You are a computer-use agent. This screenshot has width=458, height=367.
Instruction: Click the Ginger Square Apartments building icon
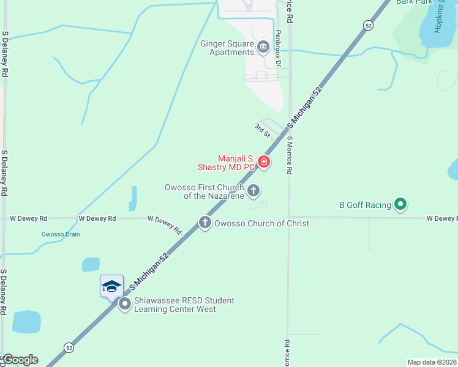[x=263, y=47]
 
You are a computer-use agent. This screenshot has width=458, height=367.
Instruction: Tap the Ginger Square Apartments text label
[x=227, y=48]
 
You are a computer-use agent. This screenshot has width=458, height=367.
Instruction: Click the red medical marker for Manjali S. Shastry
[x=264, y=162]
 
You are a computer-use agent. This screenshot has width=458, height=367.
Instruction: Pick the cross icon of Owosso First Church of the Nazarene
[x=253, y=191]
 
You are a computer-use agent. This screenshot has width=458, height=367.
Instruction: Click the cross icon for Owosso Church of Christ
[x=205, y=223]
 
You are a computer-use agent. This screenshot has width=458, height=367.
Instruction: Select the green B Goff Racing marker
[x=400, y=205]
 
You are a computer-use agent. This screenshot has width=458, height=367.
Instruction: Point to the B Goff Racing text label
[x=365, y=205]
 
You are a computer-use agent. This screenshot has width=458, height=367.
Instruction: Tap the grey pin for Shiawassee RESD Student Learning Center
[x=125, y=304]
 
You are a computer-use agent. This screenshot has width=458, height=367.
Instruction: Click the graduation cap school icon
[x=112, y=286]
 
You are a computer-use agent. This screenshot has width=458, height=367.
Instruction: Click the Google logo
[x=20, y=360]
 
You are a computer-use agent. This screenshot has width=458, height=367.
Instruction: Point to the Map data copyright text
[x=431, y=362]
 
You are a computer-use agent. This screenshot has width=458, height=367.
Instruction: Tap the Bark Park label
[x=415, y=2]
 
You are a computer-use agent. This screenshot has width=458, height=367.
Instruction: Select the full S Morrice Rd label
[x=288, y=155]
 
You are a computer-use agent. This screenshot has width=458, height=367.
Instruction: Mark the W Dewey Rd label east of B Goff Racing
[x=441, y=218]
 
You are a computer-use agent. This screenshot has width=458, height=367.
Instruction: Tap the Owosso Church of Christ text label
[x=261, y=223]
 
